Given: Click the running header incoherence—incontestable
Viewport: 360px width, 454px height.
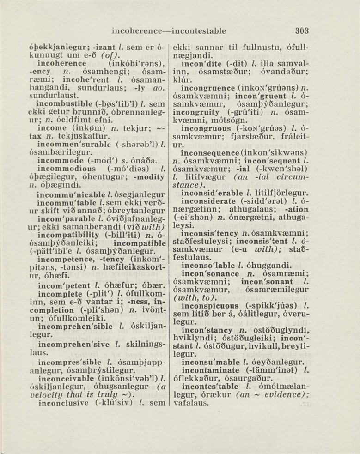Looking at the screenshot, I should click(169, 31).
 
